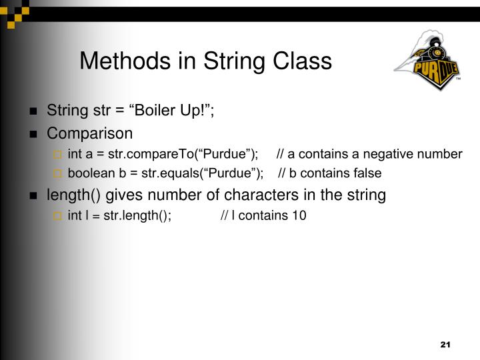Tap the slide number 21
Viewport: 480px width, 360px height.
446,344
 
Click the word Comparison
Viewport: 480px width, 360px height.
89,133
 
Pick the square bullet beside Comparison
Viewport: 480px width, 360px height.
33,134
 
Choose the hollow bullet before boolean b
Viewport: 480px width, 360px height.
57,174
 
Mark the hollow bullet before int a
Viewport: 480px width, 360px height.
57,155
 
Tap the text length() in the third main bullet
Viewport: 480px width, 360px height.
71,195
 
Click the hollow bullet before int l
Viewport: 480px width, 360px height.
57,215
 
